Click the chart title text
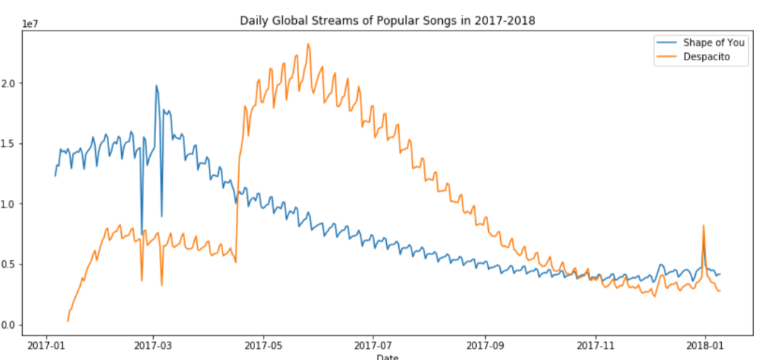coord(387,21)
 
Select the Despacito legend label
coord(706,58)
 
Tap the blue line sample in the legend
coord(667,43)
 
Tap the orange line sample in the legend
coord(667,58)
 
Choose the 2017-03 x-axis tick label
coord(154,347)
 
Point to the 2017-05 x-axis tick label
coord(264,347)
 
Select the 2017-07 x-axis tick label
coord(373,347)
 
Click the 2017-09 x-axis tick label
coord(485,347)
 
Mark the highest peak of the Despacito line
coord(307,44)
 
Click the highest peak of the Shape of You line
coord(157,86)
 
